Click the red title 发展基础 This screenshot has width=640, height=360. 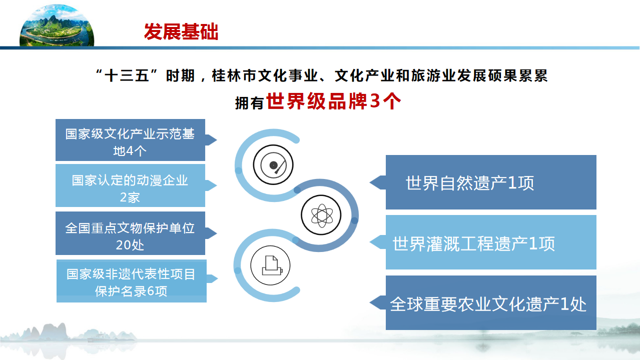click(x=181, y=31)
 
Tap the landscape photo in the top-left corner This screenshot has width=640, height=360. click(x=57, y=25)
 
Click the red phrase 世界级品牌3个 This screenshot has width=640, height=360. click(x=333, y=101)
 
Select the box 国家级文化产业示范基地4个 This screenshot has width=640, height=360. click(x=130, y=140)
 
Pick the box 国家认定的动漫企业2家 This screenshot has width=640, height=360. click(x=130, y=185)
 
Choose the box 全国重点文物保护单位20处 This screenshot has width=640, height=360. click(x=130, y=233)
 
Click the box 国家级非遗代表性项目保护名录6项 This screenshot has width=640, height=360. click(x=132, y=281)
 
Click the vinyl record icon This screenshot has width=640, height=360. click(x=273, y=164)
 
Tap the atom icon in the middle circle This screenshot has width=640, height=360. click(x=321, y=215)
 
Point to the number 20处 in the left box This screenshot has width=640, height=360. click(x=130, y=245)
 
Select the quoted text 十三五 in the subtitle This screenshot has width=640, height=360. click(x=127, y=75)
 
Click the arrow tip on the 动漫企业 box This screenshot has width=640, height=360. click(x=217, y=185)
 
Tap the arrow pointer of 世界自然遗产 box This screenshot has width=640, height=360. click(x=370, y=182)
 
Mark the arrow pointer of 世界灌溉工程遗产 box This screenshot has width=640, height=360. click(x=370, y=242)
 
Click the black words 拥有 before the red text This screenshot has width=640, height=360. click(x=249, y=103)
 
